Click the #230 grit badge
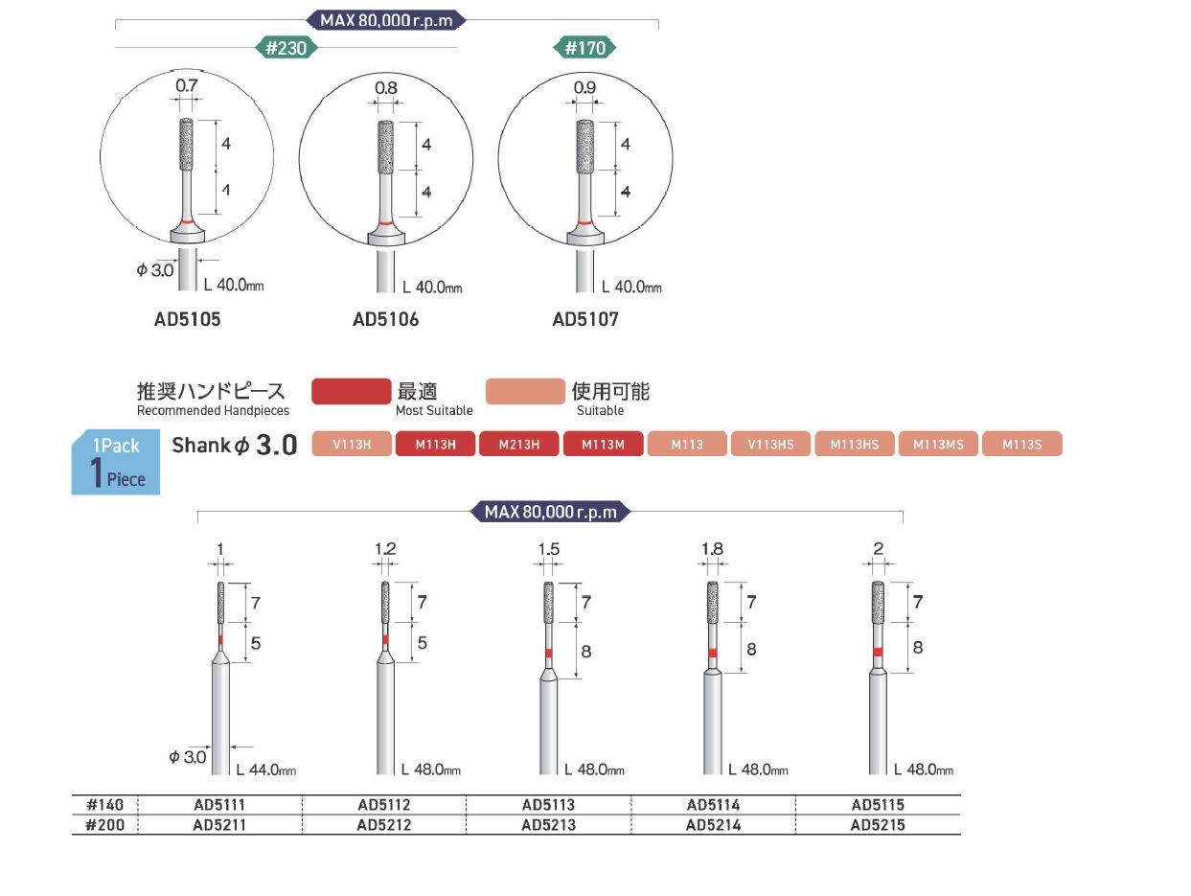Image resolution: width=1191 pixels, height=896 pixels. pos(286,48)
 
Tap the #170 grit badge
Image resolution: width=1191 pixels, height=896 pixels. pos(584,48)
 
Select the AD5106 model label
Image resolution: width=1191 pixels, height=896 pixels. pos(385,319)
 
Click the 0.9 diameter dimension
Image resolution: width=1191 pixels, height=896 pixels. pos(584,87)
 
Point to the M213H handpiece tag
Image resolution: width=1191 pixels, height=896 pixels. pos(518,444)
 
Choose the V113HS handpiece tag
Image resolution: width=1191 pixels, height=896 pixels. pos(770,444)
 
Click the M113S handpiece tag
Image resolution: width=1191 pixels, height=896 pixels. pos(1021,444)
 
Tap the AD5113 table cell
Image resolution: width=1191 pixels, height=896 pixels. pos(548,804)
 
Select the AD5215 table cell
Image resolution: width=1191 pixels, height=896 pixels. pos(878,825)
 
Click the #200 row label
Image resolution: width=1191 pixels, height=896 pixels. pos(104,825)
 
